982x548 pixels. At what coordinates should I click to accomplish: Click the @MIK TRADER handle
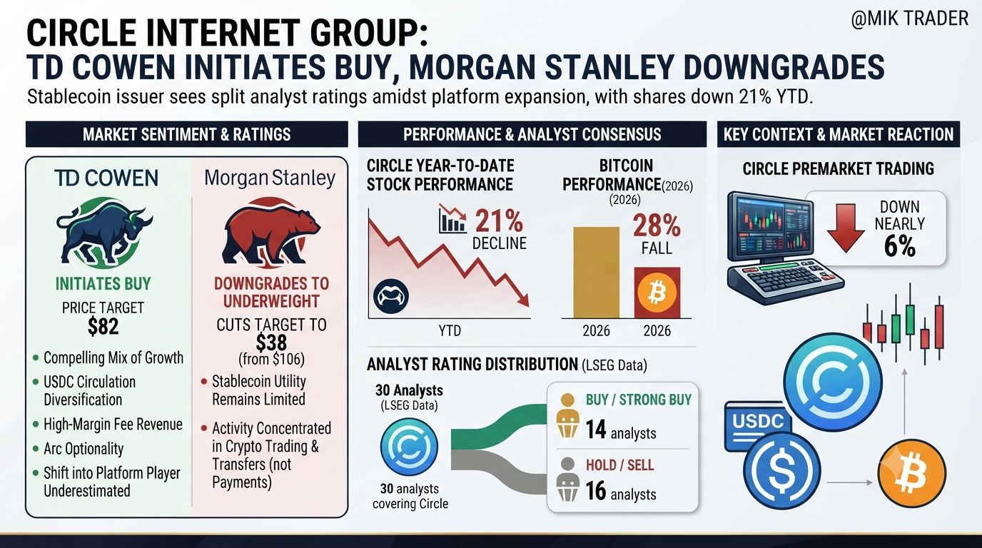click(x=910, y=19)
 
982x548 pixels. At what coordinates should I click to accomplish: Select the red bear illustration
click(x=270, y=233)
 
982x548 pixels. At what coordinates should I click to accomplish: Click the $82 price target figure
click(x=103, y=327)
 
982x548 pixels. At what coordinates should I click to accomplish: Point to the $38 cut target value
click(x=271, y=342)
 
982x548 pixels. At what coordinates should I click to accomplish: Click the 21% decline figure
click(x=499, y=221)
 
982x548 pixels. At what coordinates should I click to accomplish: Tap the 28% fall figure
click(x=657, y=225)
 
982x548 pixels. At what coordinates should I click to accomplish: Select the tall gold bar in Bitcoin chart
click(x=596, y=273)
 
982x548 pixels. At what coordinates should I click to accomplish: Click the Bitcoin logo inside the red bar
click(x=657, y=293)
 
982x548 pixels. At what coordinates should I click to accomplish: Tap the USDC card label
click(x=758, y=421)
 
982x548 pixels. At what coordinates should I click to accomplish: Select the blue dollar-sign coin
click(x=781, y=470)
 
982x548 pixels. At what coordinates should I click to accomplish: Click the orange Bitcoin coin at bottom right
click(x=912, y=475)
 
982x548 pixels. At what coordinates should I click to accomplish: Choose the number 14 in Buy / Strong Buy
click(x=595, y=430)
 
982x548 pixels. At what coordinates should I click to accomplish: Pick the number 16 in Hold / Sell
click(x=596, y=491)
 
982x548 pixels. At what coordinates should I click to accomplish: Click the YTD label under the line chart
click(x=450, y=330)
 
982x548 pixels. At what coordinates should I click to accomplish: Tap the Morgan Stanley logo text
click(x=270, y=178)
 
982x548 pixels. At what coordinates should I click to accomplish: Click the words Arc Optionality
click(x=83, y=449)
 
